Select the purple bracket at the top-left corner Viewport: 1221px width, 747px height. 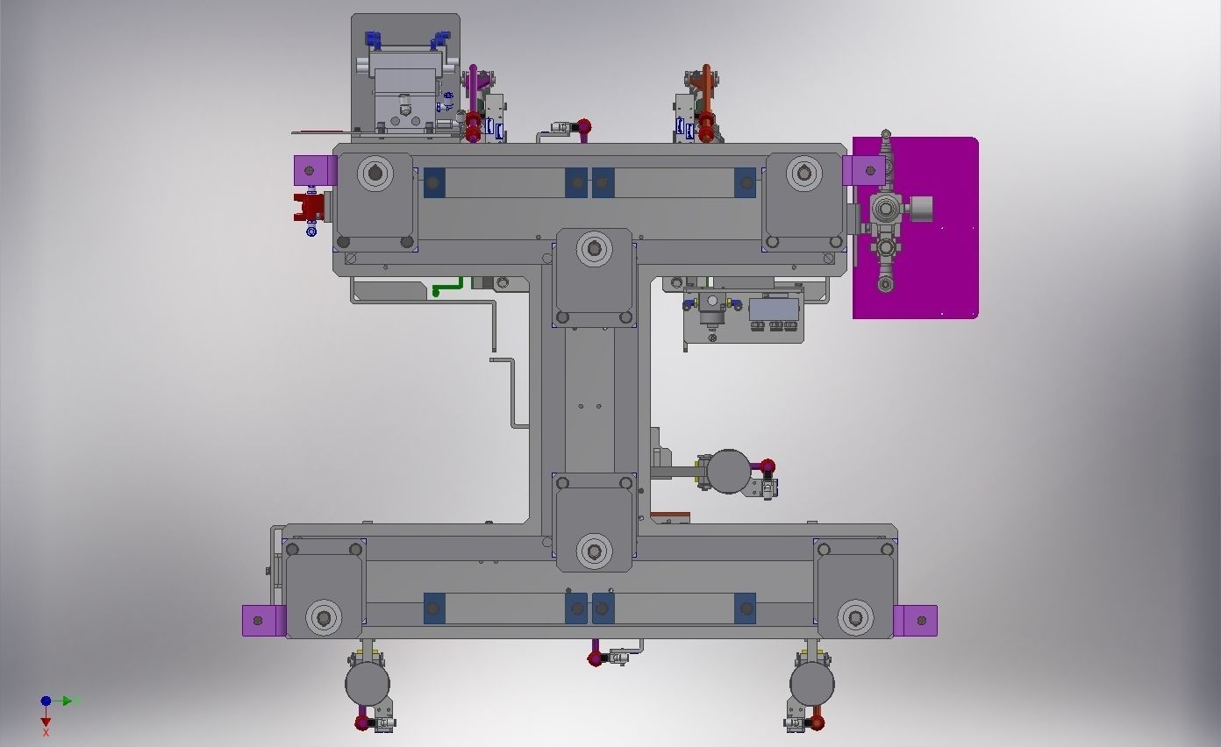pyautogui.click(x=314, y=170)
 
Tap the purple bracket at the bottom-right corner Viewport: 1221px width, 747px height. pyautogui.click(x=916, y=621)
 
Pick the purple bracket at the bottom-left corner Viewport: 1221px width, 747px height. pyautogui.click(x=263, y=621)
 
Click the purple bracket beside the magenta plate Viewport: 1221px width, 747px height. pyautogui.click(x=861, y=170)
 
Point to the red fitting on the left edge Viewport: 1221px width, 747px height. pyautogui.click(x=310, y=209)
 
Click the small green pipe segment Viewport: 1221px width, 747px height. pyautogui.click(x=448, y=287)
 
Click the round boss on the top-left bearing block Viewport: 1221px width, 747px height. pyautogui.click(x=375, y=173)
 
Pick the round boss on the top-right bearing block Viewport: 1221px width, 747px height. pyautogui.click(x=803, y=173)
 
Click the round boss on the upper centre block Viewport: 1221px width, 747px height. pyautogui.click(x=595, y=250)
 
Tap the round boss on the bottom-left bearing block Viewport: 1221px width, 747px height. pyautogui.click(x=324, y=617)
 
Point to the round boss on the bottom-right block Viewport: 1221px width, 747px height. pyautogui.click(x=855, y=617)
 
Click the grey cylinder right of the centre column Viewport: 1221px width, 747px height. pyautogui.click(x=728, y=472)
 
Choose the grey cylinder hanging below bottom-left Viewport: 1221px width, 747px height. pyautogui.click(x=367, y=684)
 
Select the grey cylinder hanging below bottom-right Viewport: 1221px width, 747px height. pyautogui.click(x=811, y=684)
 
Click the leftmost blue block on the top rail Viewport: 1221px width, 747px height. pyautogui.click(x=433, y=182)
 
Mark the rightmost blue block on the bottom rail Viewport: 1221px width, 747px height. pyautogui.click(x=744, y=608)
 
